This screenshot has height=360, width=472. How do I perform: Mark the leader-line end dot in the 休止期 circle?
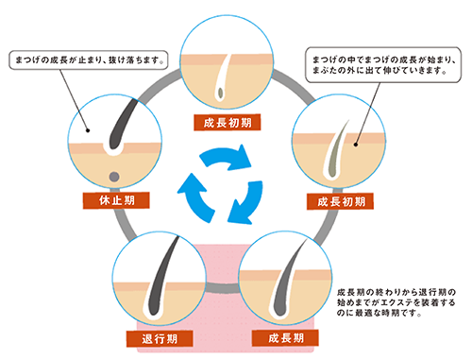[87, 131]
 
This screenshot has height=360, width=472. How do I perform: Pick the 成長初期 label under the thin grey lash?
[333, 201]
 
